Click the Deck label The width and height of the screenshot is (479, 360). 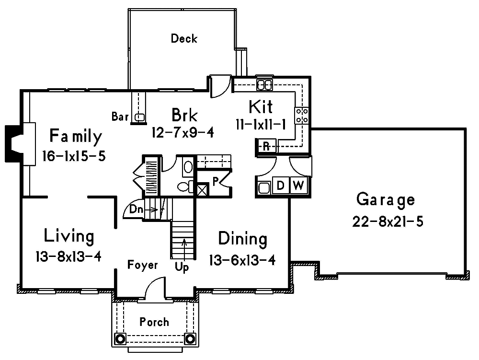pos(184,38)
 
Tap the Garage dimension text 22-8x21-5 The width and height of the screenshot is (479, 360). pos(388,222)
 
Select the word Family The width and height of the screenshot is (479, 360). pos(76,137)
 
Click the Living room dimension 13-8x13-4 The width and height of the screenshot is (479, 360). pos(68,256)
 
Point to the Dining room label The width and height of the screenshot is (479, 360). pos(242,238)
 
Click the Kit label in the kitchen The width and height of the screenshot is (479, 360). pos(261,106)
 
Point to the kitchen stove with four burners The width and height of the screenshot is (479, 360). pos(302,115)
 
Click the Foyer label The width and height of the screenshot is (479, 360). pos(142,265)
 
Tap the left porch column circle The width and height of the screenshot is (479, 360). pos(119,339)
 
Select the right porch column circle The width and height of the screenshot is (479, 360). pos(190,339)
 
